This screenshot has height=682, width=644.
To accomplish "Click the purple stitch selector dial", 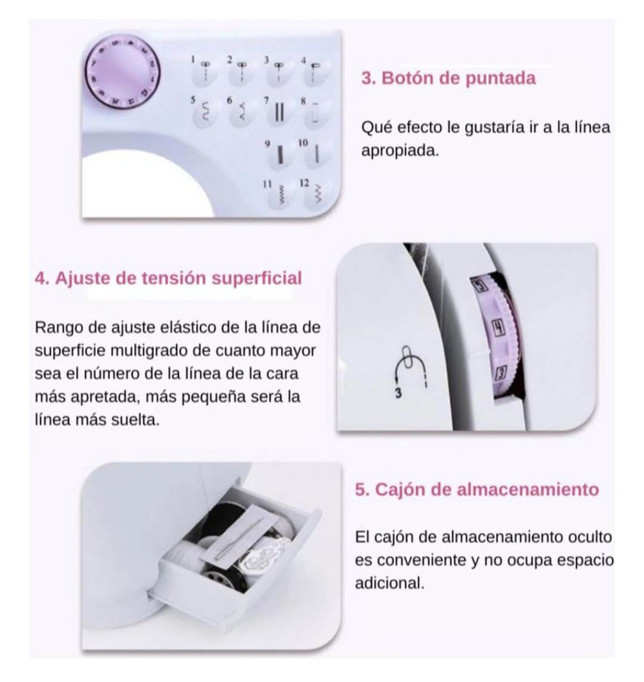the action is click(x=122, y=73).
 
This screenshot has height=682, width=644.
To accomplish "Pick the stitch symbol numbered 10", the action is click(x=317, y=152).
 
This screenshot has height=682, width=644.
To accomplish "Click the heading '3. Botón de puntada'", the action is click(x=448, y=78).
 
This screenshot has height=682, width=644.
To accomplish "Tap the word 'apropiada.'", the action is click(x=400, y=151).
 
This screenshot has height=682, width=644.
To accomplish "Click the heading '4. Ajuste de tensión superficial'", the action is click(x=168, y=278).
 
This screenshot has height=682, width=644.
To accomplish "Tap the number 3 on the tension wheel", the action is click(x=501, y=373).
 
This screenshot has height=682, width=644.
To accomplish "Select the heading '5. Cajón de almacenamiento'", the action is click(x=477, y=490).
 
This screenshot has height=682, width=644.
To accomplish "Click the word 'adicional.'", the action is click(x=390, y=583).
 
